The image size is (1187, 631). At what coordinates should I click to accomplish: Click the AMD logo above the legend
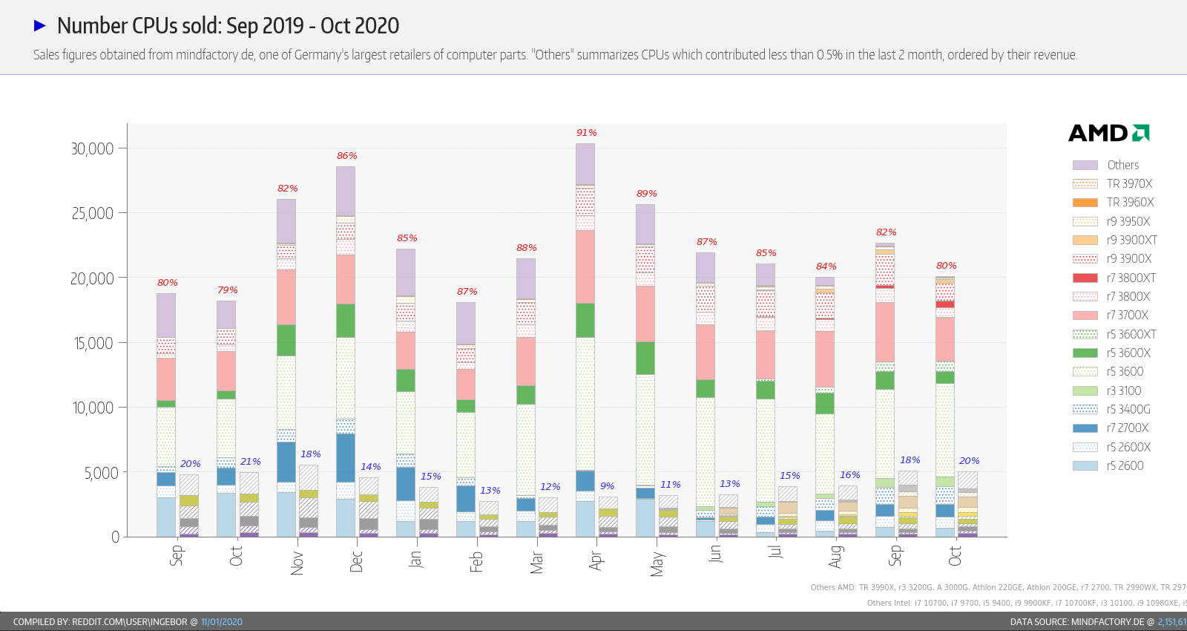tap(1108, 133)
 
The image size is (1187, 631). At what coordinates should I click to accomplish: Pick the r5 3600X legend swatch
tap(1085, 353)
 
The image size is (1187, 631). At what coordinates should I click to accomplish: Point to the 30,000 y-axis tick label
tap(92, 148)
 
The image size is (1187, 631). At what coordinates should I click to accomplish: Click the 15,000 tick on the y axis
tap(92, 343)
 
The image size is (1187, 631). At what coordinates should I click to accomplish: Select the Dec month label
tap(356, 560)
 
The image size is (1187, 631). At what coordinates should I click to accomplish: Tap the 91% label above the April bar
tap(586, 133)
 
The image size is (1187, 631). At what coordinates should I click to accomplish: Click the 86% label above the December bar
tap(346, 156)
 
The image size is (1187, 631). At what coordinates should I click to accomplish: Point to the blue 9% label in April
tap(607, 486)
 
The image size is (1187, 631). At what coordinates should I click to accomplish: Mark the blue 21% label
tap(250, 462)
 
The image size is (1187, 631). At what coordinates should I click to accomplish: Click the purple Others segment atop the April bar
tap(585, 163)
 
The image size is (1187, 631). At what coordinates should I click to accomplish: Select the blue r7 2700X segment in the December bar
tap(346, 457)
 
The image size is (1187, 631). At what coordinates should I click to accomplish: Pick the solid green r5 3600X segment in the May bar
tap(645, 358)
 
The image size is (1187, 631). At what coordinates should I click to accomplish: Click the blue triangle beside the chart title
tap(40, 26)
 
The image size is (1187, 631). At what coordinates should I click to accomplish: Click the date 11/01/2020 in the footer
tap(221, 622)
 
